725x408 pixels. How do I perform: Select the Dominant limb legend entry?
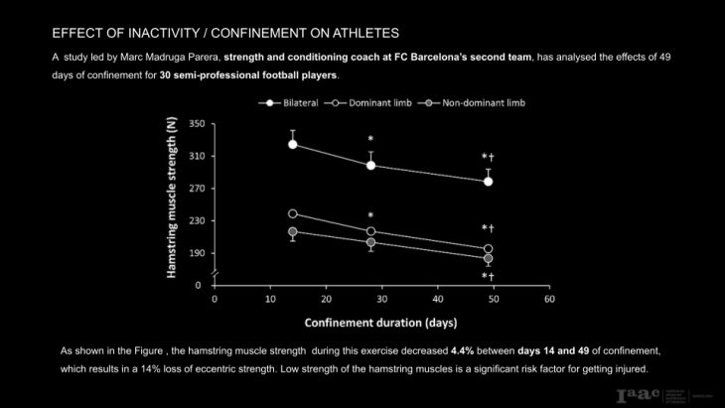pos(371,102)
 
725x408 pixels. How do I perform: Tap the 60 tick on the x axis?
pos(548,299)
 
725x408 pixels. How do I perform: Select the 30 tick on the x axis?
pos(381,299)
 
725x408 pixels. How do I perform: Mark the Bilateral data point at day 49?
pos(488,182)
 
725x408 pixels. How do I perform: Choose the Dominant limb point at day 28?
pos(370,231)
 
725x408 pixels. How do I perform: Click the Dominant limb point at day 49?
pos(488,249)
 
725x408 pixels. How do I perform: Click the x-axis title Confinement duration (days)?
pos(381,323)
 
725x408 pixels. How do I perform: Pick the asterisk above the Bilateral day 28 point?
pos(370,140)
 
